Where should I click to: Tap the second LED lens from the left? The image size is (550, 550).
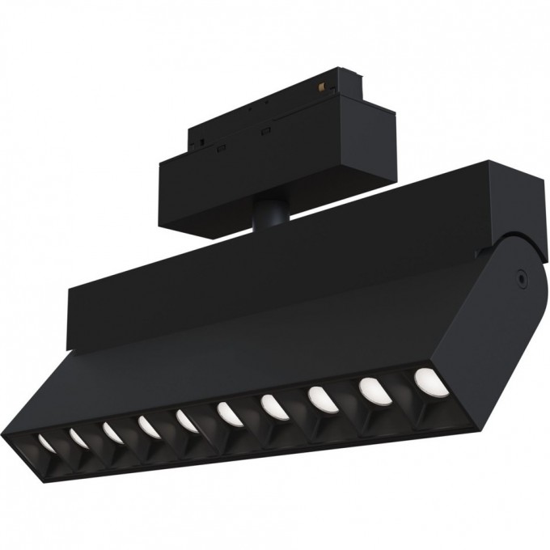point(78,438)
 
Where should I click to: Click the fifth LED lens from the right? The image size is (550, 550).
point(227,412)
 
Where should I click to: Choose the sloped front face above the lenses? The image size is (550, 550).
point(243,356)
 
